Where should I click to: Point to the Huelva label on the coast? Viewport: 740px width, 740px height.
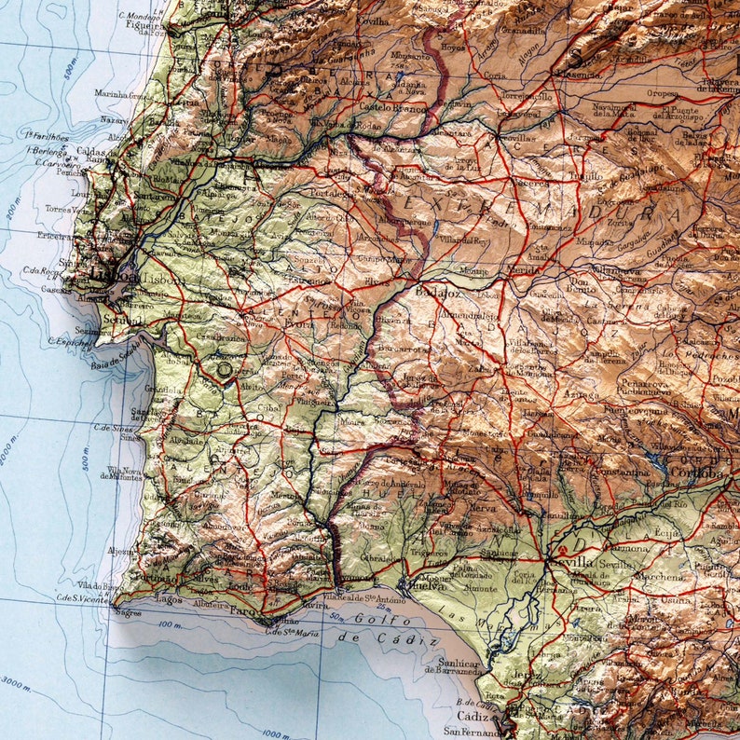point(423,586)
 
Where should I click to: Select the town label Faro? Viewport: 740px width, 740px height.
point(242,612)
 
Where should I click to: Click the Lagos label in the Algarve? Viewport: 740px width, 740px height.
point(170,601)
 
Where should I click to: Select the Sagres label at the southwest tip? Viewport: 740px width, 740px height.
point(128,612)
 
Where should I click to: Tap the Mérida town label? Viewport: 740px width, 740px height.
point(523,270)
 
